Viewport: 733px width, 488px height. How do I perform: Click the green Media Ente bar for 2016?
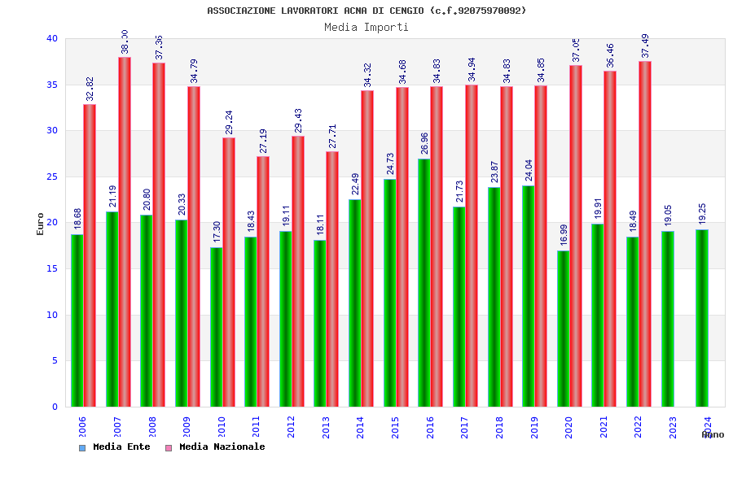pos(424,282)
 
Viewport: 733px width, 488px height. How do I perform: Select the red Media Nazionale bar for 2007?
pos(125,232)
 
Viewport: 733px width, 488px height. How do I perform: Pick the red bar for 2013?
pos(332,279)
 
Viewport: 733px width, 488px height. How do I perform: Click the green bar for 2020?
pos(563,329)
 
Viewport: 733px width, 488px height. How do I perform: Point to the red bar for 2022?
pos(645,233)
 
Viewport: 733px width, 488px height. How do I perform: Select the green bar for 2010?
pos(216,327)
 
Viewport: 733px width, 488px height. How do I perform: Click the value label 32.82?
pos(90,89)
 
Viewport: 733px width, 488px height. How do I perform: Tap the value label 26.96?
pos(424,142)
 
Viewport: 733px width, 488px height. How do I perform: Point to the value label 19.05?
pos(668,216)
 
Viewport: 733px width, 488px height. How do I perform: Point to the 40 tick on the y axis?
pos(52,38)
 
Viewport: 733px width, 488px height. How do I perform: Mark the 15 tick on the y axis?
pos(52,268)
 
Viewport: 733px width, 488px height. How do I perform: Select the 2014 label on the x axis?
pos(360,428)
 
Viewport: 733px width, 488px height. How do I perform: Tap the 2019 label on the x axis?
pos(534,428)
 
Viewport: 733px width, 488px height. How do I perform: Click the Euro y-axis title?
pos(40,224)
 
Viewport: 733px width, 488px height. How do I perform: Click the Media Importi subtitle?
pos(366,27)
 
